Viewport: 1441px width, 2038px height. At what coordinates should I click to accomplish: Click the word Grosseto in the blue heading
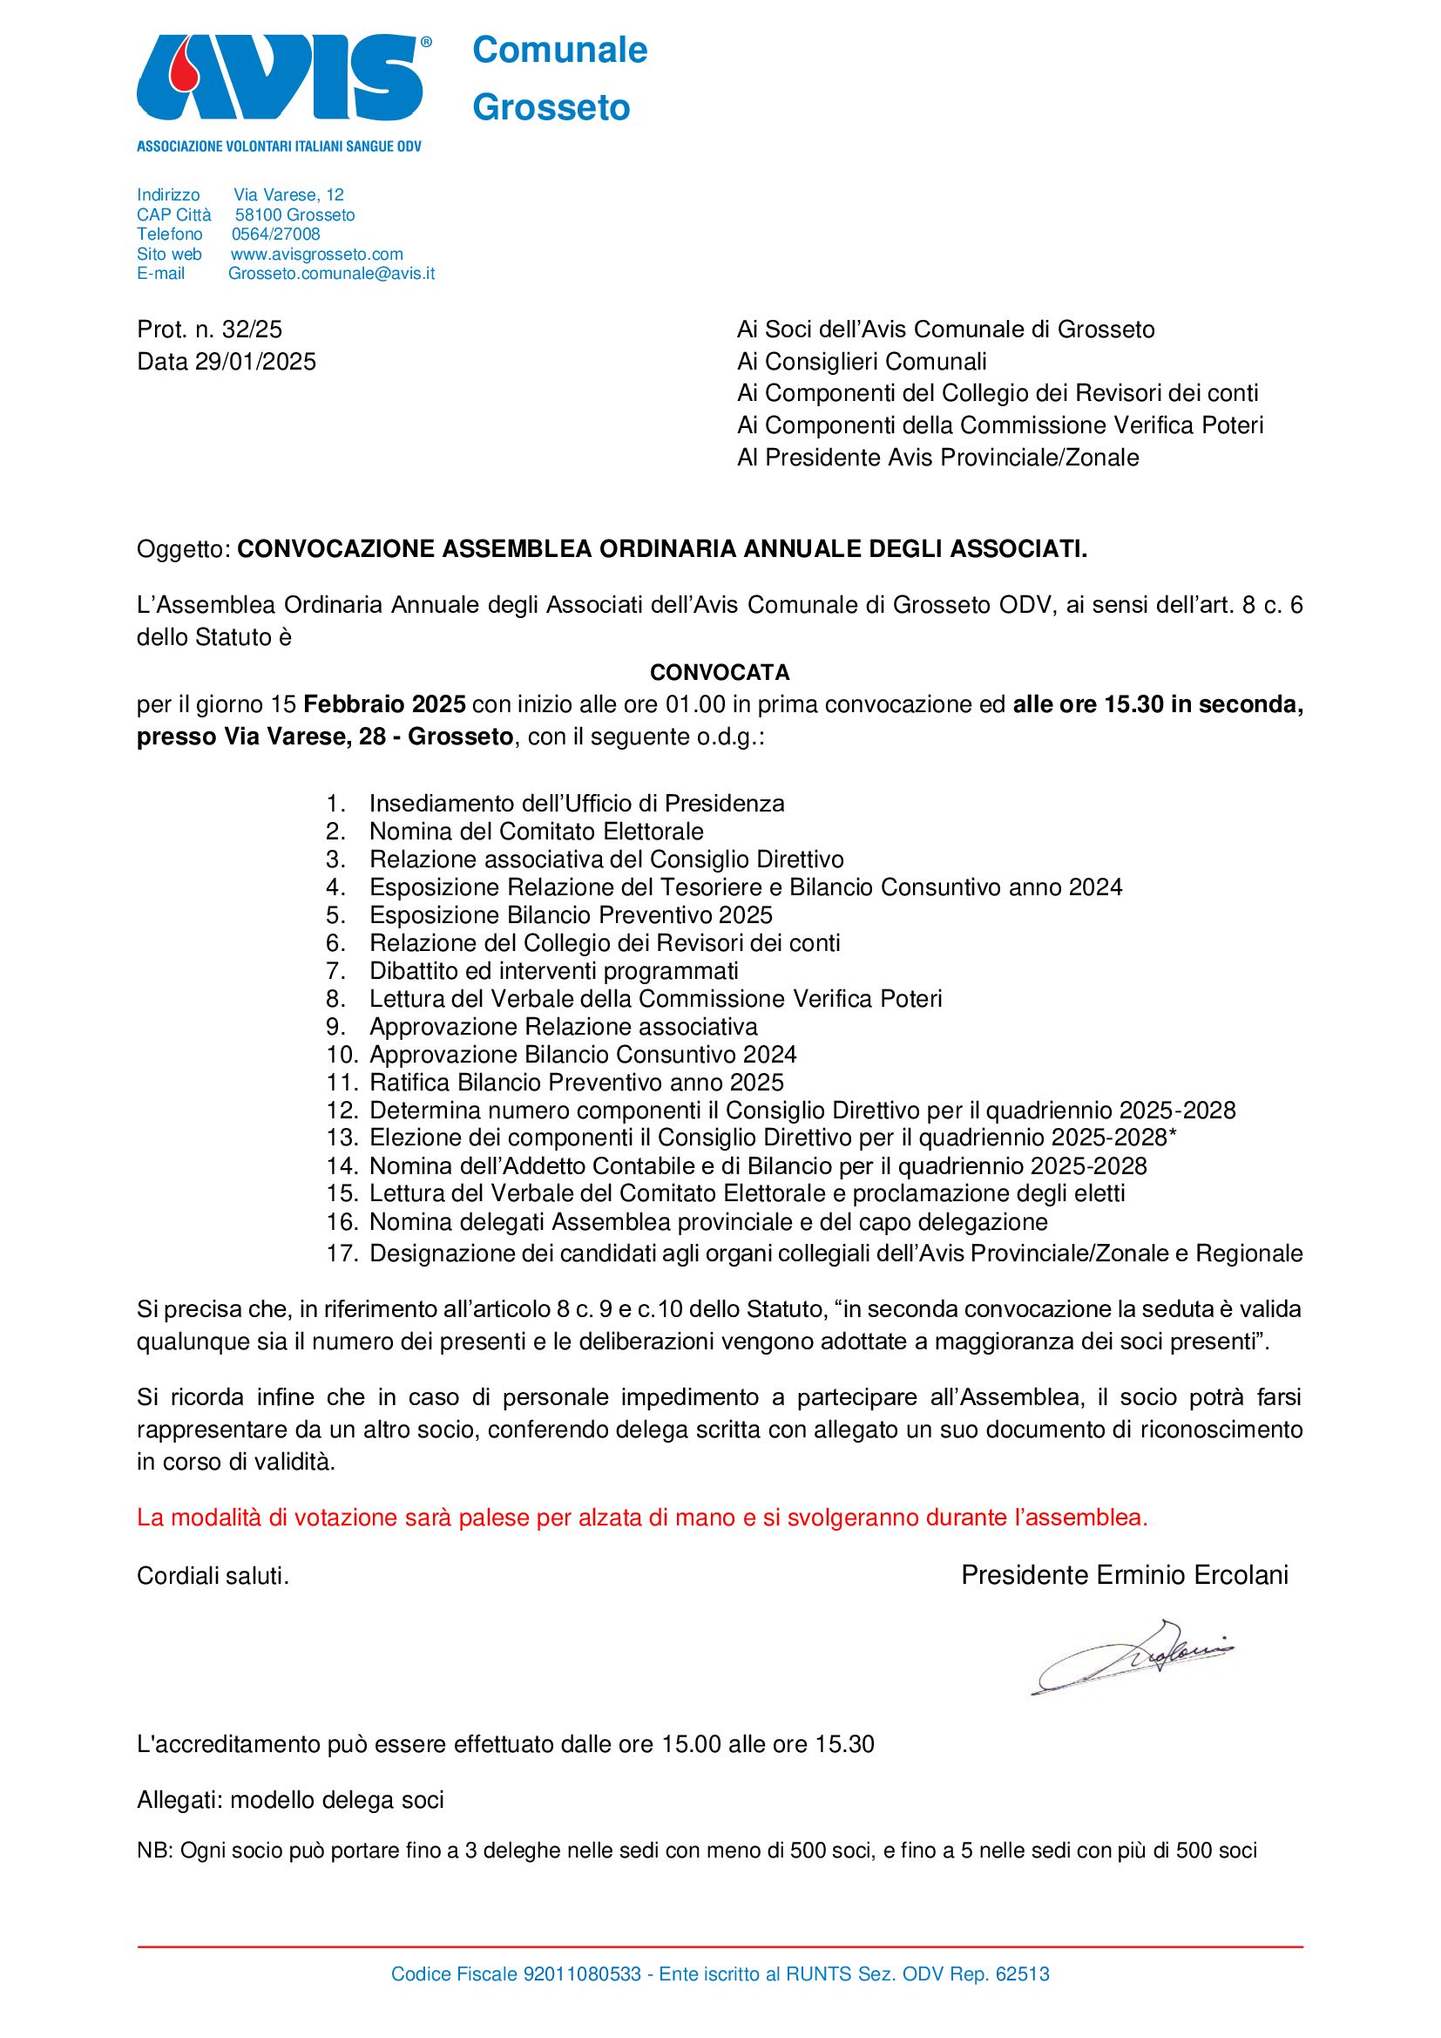[x=551, y=108]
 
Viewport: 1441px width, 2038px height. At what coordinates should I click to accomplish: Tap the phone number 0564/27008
[x=275, y=234]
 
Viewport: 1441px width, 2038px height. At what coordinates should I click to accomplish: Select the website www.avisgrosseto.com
[x=317, y=254]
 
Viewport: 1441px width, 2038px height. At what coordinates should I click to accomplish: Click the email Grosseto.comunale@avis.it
[x=331, y=274]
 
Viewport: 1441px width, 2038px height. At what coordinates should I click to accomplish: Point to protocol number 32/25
[x=252, y=329]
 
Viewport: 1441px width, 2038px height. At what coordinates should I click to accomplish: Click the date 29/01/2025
[x=255, y=361]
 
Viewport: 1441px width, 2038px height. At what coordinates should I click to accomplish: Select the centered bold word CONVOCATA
[x=720, y=672]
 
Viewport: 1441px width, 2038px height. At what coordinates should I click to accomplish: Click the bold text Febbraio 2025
[x=384, y=705]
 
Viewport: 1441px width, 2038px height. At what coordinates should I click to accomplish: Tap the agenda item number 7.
[x=335, y=971]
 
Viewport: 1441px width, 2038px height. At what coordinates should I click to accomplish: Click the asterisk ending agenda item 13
[x=1174, y=1137]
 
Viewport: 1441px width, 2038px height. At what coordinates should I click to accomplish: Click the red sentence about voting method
[x=641, y=1518]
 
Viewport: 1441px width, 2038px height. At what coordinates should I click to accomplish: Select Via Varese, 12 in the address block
[x=288, y=194]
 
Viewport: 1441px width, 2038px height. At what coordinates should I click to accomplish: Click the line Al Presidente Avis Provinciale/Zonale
[x=937, y=458]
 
